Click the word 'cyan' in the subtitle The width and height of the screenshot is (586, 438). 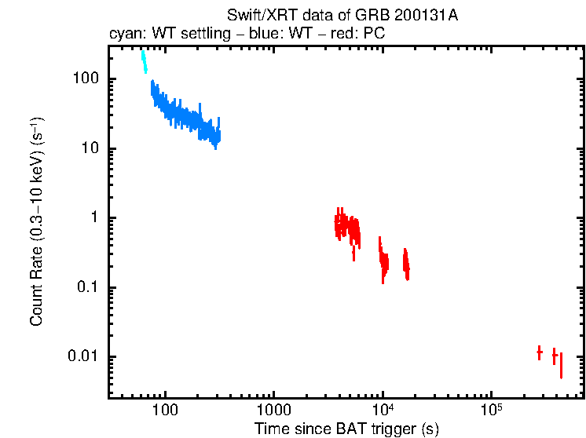pyautogui.click(x=125, y=35)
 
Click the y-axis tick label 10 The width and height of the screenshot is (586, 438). pyautogui.click(x=89, y=149)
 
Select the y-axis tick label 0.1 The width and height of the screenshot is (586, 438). pyautogui.click(x=87, y=287)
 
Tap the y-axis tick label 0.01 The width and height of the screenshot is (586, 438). pyautogui.click(x=83, y=357)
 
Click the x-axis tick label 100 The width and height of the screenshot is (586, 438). pyautogui.click(x=166, y=410)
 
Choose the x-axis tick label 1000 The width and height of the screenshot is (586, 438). pyautogui.click(x=273, y=410)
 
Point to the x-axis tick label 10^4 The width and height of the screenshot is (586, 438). pyautogui.click(x=383, y=409)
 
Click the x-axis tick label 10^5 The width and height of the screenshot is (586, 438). pyautogui.click(x=491, y=409)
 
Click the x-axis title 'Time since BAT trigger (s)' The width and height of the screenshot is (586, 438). pyautogui.click(x=346, y=429)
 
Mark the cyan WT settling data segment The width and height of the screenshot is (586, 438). pyautogui.click(x=144, y=61)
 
